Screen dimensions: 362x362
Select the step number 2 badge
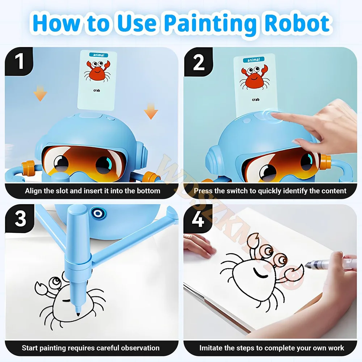pyautogui.click(x=198, y=62)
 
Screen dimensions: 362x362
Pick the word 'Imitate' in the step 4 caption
pyautogui.click(x=212, y=348)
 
